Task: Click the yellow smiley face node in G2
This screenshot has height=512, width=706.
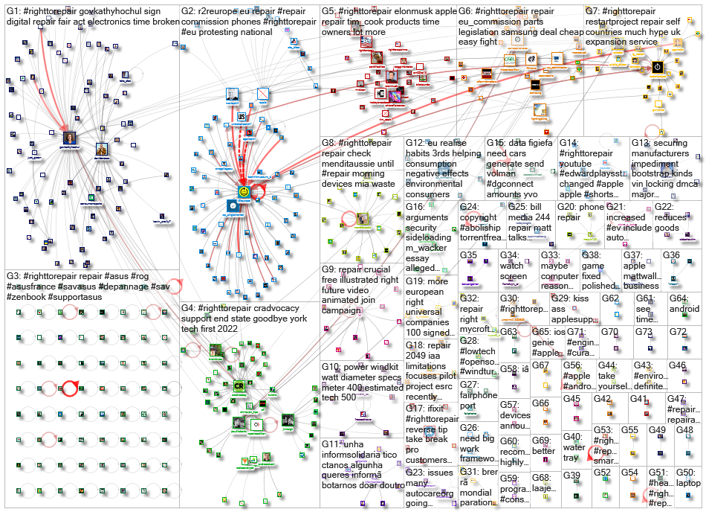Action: (x=243, y=193)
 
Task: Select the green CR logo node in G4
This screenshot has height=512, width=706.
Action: (x=239, y=386)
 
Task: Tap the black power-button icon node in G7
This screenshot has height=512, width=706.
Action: (x=658, y=68)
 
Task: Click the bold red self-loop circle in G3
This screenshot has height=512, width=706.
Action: (x=71, y=387)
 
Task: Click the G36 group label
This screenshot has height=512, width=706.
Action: (x=671, y=255)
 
